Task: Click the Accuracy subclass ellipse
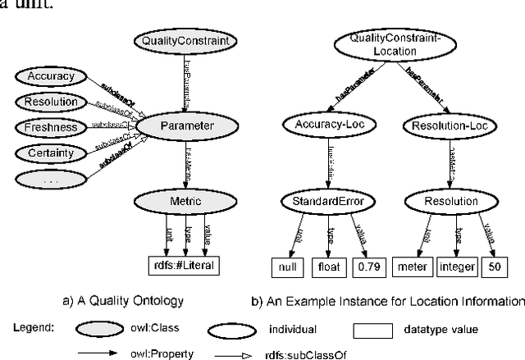click(51, 77)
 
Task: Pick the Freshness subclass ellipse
click(51, 128)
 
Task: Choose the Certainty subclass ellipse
click(51, 153)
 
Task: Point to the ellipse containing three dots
click(51, 179)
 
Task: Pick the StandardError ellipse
click(322, 201)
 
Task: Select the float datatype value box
click(328, 266)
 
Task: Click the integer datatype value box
click(456, 266)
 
